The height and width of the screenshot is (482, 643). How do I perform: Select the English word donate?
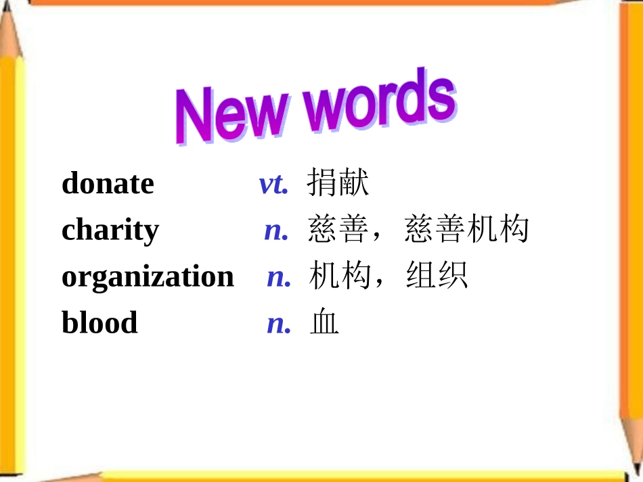tap(108, 183)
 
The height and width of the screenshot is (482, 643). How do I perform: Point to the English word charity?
tap(110, 231)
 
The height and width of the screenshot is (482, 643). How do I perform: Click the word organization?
tap(148, 276)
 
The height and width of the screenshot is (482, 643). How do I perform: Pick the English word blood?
tap(99, 322)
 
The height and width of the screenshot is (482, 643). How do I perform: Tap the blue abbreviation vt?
tap(273, 184)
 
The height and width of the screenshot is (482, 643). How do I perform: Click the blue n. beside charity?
tap(276, 231)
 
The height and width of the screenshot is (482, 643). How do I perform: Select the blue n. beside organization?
tap(279, 276)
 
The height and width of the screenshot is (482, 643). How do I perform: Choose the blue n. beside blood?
tap(279, 323)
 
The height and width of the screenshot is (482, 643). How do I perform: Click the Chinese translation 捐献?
tap(338, 183)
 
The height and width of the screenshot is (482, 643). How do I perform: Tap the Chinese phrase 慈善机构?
tap(466, 230)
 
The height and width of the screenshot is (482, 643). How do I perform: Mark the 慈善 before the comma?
tap(338, 230)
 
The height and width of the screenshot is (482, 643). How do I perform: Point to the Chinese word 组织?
tap(437, 276)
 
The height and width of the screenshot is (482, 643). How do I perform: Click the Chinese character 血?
tap(324, 323)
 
